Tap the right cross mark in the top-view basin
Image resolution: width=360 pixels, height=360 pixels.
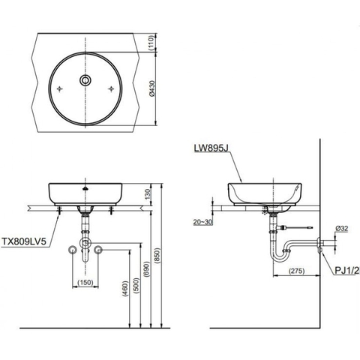tap(112, 88)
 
